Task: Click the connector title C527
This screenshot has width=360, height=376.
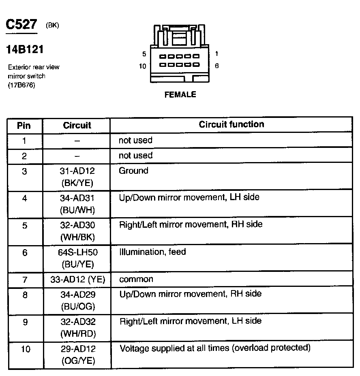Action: (x=21, y=25)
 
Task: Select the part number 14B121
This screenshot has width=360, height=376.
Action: (x=25, y=50)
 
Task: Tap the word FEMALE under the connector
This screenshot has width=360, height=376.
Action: (x=180, y=95)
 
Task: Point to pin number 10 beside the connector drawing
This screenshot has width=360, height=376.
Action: (x=142, y=66)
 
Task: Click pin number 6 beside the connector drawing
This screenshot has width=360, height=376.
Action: (x=217, y=66)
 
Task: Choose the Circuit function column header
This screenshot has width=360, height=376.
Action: (x=231, y=124)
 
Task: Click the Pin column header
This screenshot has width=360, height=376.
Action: (x=24, y=125)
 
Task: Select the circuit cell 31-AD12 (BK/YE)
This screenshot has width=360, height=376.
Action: (x=77, y=177)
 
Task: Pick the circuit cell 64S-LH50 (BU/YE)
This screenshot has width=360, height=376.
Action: (x=77, y=258)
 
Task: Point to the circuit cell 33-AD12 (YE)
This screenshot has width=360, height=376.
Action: (x=77, y=280)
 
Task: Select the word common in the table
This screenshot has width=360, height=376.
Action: (x=136, y=279)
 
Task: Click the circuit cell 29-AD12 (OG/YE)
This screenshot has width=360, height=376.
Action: (x=77, y=355)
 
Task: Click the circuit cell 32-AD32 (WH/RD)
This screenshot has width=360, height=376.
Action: (x=77, y=328)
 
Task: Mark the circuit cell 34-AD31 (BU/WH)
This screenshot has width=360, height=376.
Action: (x=77, y=204)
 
